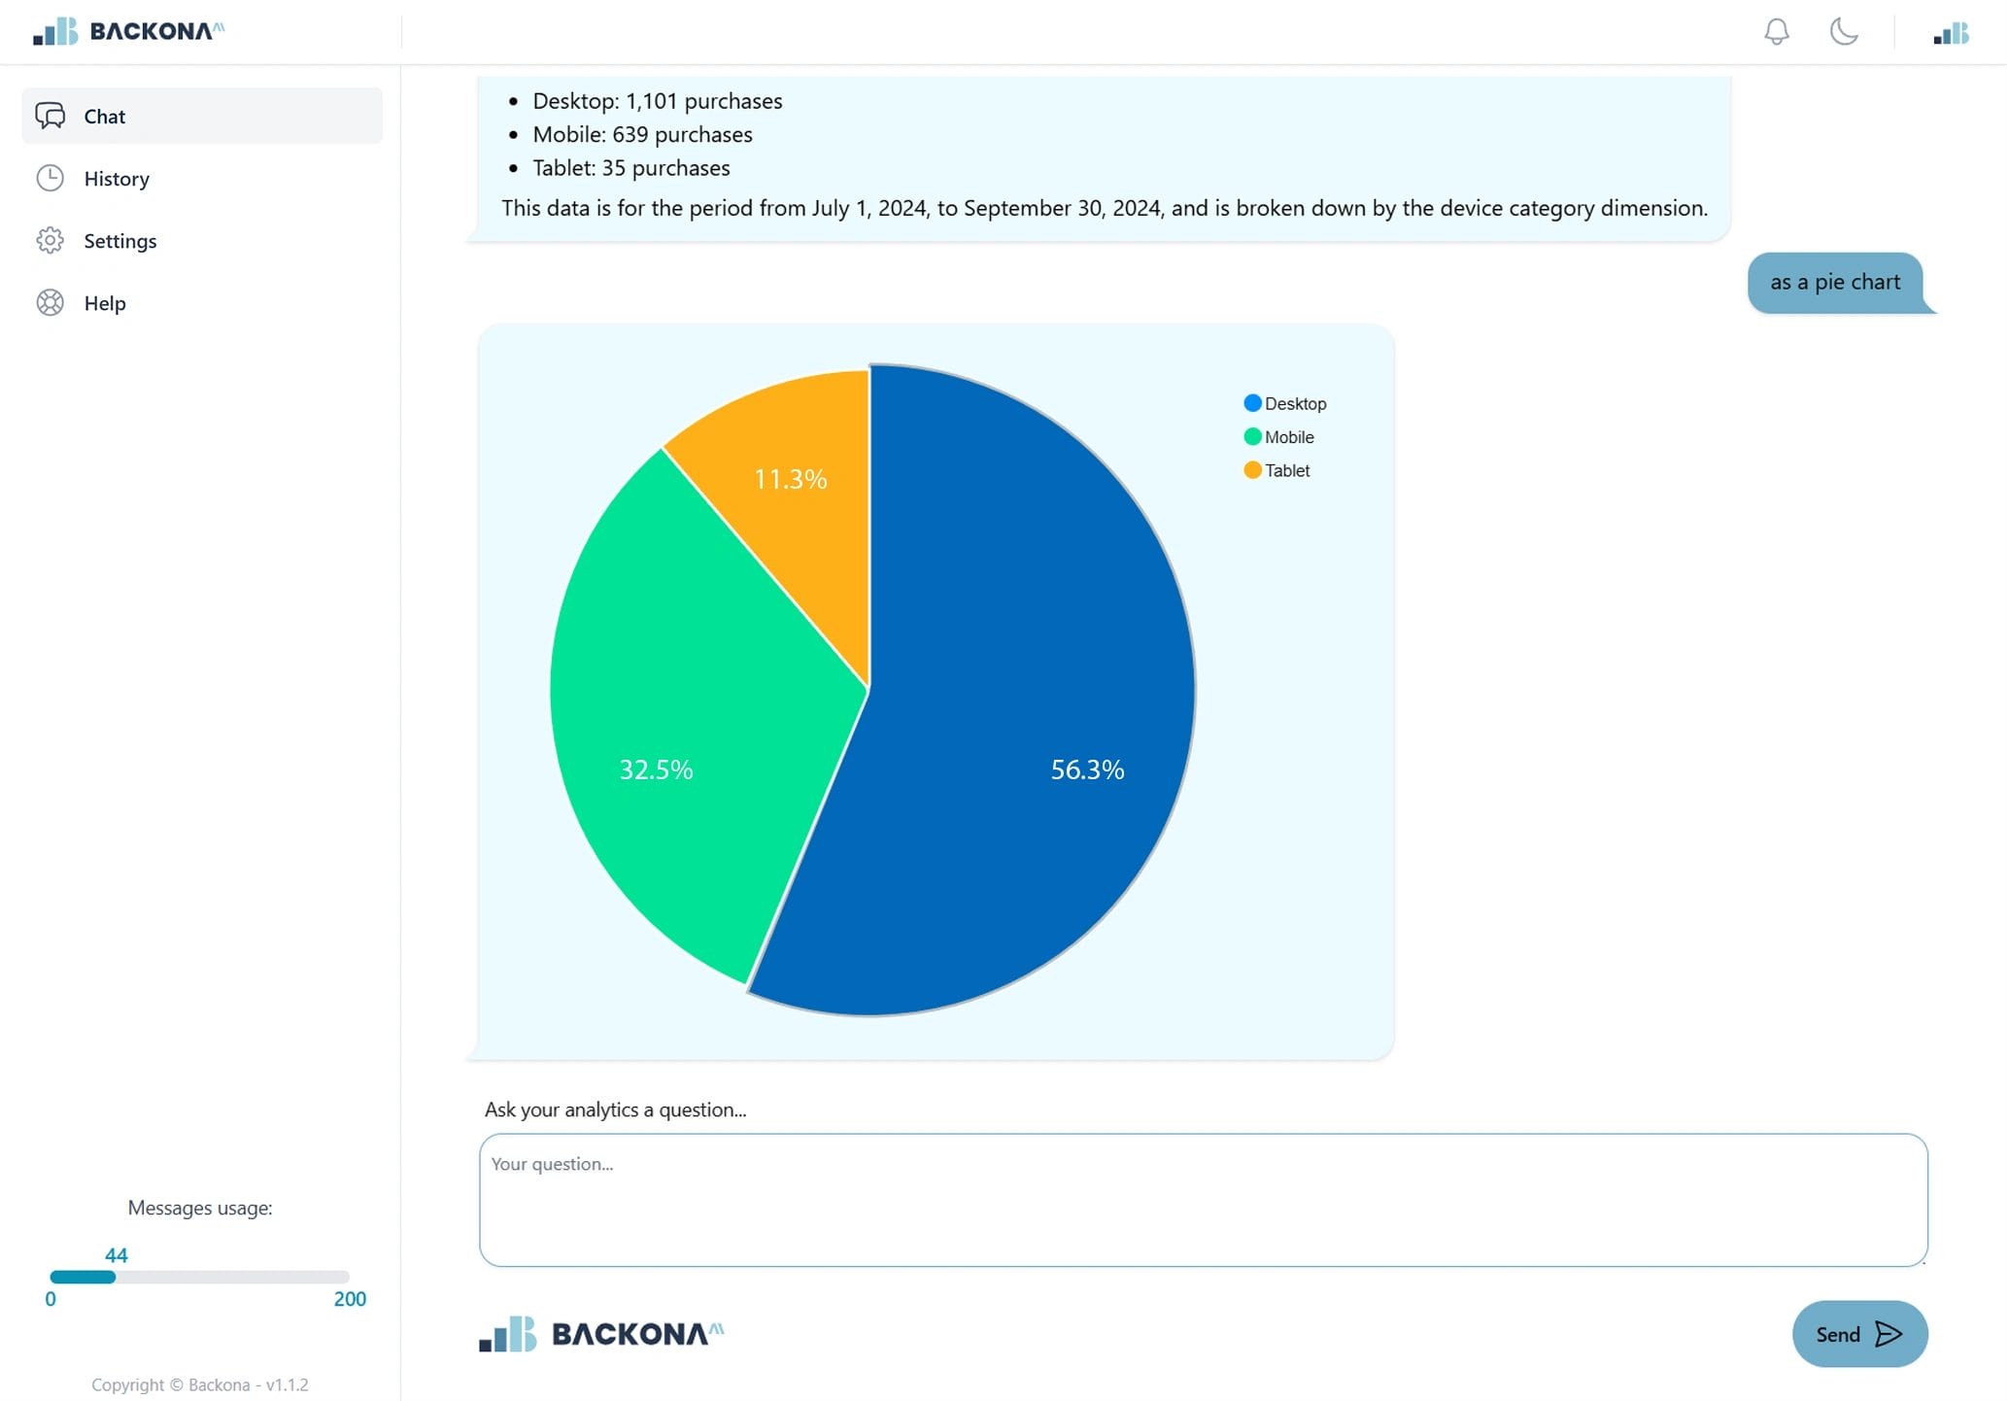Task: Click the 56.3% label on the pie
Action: pos(1087,769)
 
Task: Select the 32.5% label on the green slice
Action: pos(656,769)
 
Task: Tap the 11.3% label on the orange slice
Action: pos(790,479)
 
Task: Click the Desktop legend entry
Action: pos(1285,403)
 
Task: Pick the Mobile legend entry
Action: pos(1279,437)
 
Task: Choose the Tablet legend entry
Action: pos(1277,470)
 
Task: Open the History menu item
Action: pos(116,179)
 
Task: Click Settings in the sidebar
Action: pos(119,241)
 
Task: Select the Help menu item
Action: pos(104,303)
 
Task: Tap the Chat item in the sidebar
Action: pos(104,117)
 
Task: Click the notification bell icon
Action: pos(1776,32)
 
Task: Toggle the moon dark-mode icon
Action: pos(1843,32)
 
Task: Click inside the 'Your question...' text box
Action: pos(1203,1200)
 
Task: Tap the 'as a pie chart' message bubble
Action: pos(1834,283)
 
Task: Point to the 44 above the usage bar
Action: pos(117,1255)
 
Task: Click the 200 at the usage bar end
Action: pos(350,1299)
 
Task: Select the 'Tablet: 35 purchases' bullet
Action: pos(630,168)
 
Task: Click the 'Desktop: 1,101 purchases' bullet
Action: pos(657,101)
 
